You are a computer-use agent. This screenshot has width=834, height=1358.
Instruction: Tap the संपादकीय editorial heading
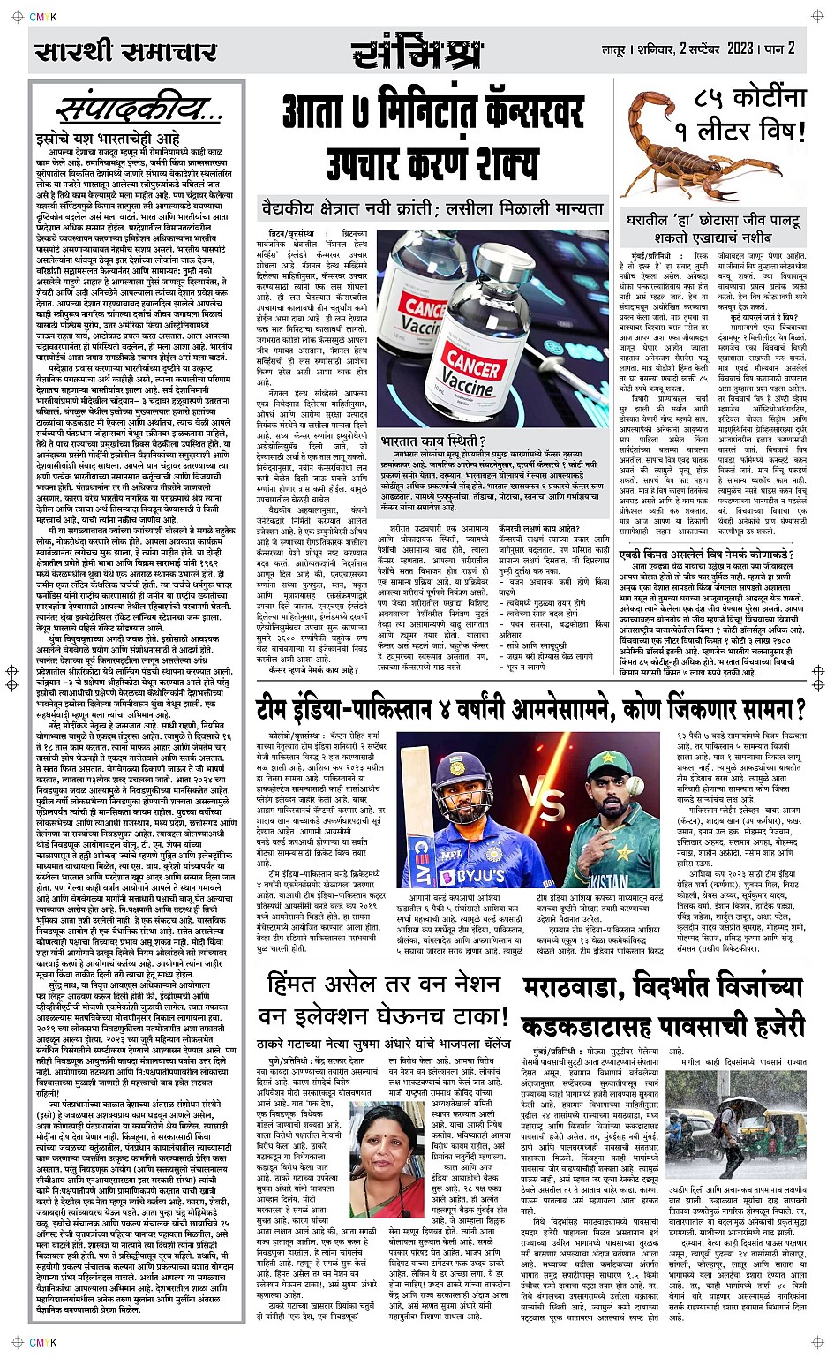point(139,110)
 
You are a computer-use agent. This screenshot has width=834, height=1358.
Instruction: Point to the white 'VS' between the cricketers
point(547,803)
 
